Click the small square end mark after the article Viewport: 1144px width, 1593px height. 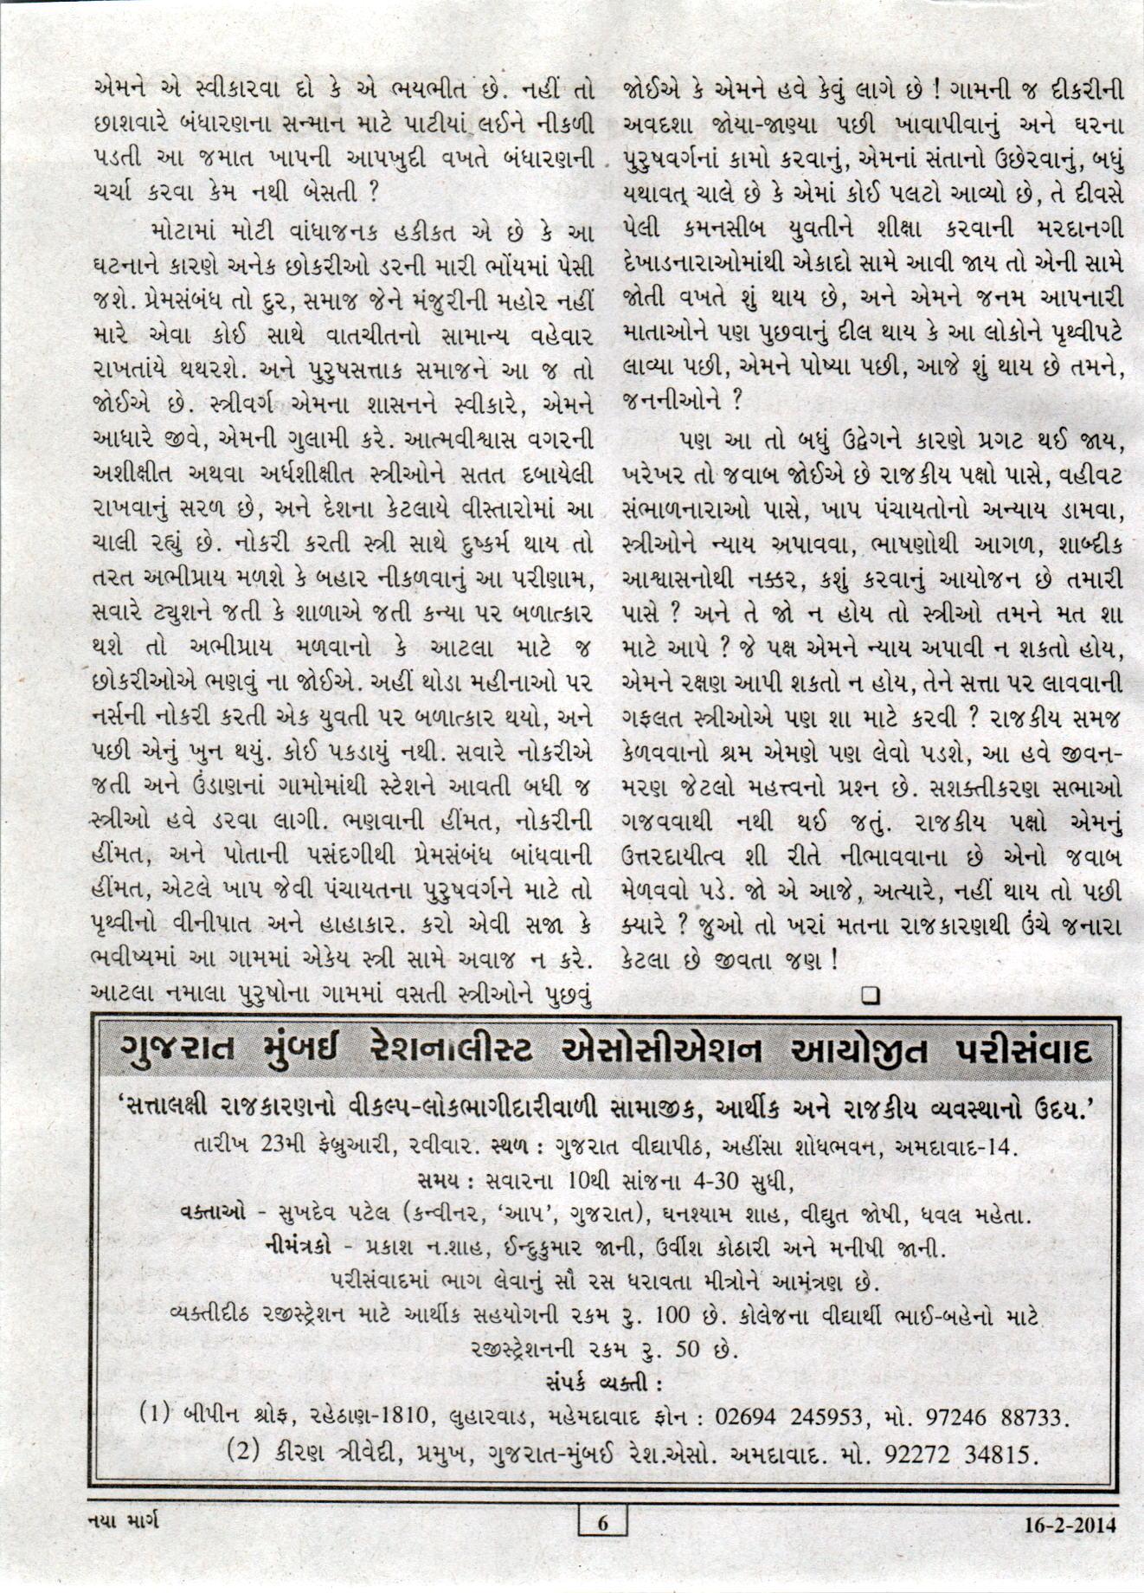pos(870,996)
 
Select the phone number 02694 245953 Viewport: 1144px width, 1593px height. pos(786,1417)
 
